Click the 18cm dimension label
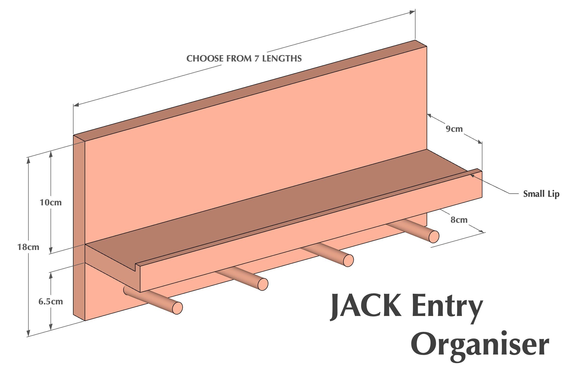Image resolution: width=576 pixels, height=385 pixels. click(x=28, y=247)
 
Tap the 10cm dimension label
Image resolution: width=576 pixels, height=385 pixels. click(x=51, y=203)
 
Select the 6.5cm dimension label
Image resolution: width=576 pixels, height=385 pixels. click(x=51, y=302)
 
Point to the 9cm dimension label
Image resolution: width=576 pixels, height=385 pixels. click(x=454, y=129)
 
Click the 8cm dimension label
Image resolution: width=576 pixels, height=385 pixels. click(x=459, y=220)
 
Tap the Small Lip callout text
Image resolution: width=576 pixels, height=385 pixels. click(x=541, y=194)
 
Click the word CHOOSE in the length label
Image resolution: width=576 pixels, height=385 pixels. click(x=205, y=59)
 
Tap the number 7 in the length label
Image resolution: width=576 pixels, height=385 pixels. click(x=257, y=59)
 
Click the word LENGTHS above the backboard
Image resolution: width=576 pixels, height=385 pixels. click(x=282, y=59)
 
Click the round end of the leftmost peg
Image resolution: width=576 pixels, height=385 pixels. click(x=177, y=308)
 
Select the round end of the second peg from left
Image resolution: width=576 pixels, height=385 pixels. click(x=263, y=284)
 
